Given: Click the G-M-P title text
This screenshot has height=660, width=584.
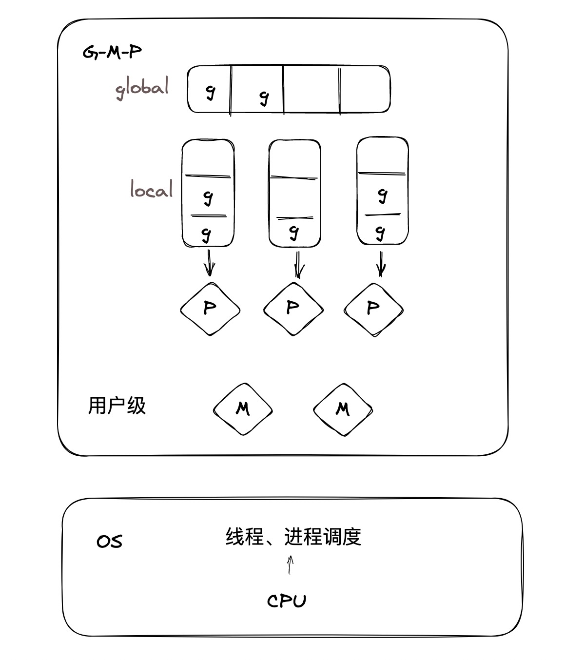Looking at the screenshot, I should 112,52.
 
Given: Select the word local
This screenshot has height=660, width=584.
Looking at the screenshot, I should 152,189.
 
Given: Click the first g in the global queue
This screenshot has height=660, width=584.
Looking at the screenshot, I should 210,91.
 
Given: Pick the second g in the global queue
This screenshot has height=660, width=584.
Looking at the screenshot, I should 264,97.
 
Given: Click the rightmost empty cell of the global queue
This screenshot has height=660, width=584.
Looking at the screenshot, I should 365,90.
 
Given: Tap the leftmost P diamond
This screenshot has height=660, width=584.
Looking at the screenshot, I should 210,309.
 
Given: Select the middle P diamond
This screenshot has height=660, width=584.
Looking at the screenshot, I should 293,309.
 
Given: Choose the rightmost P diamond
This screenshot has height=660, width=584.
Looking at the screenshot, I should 373,309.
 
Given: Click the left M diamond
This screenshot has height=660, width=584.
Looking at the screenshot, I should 243,409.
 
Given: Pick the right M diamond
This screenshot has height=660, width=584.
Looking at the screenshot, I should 343,409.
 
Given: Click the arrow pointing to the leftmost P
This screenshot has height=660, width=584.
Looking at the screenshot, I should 210,263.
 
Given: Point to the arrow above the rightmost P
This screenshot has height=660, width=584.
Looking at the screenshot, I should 381,264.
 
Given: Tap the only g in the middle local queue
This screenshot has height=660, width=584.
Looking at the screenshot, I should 293,232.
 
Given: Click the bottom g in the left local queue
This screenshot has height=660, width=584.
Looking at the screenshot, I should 207,234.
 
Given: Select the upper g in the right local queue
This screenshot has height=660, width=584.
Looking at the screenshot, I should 383,195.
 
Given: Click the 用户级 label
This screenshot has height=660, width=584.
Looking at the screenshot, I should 117,406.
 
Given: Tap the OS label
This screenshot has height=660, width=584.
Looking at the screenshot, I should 110,542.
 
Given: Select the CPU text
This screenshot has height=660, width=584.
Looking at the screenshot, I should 287,601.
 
